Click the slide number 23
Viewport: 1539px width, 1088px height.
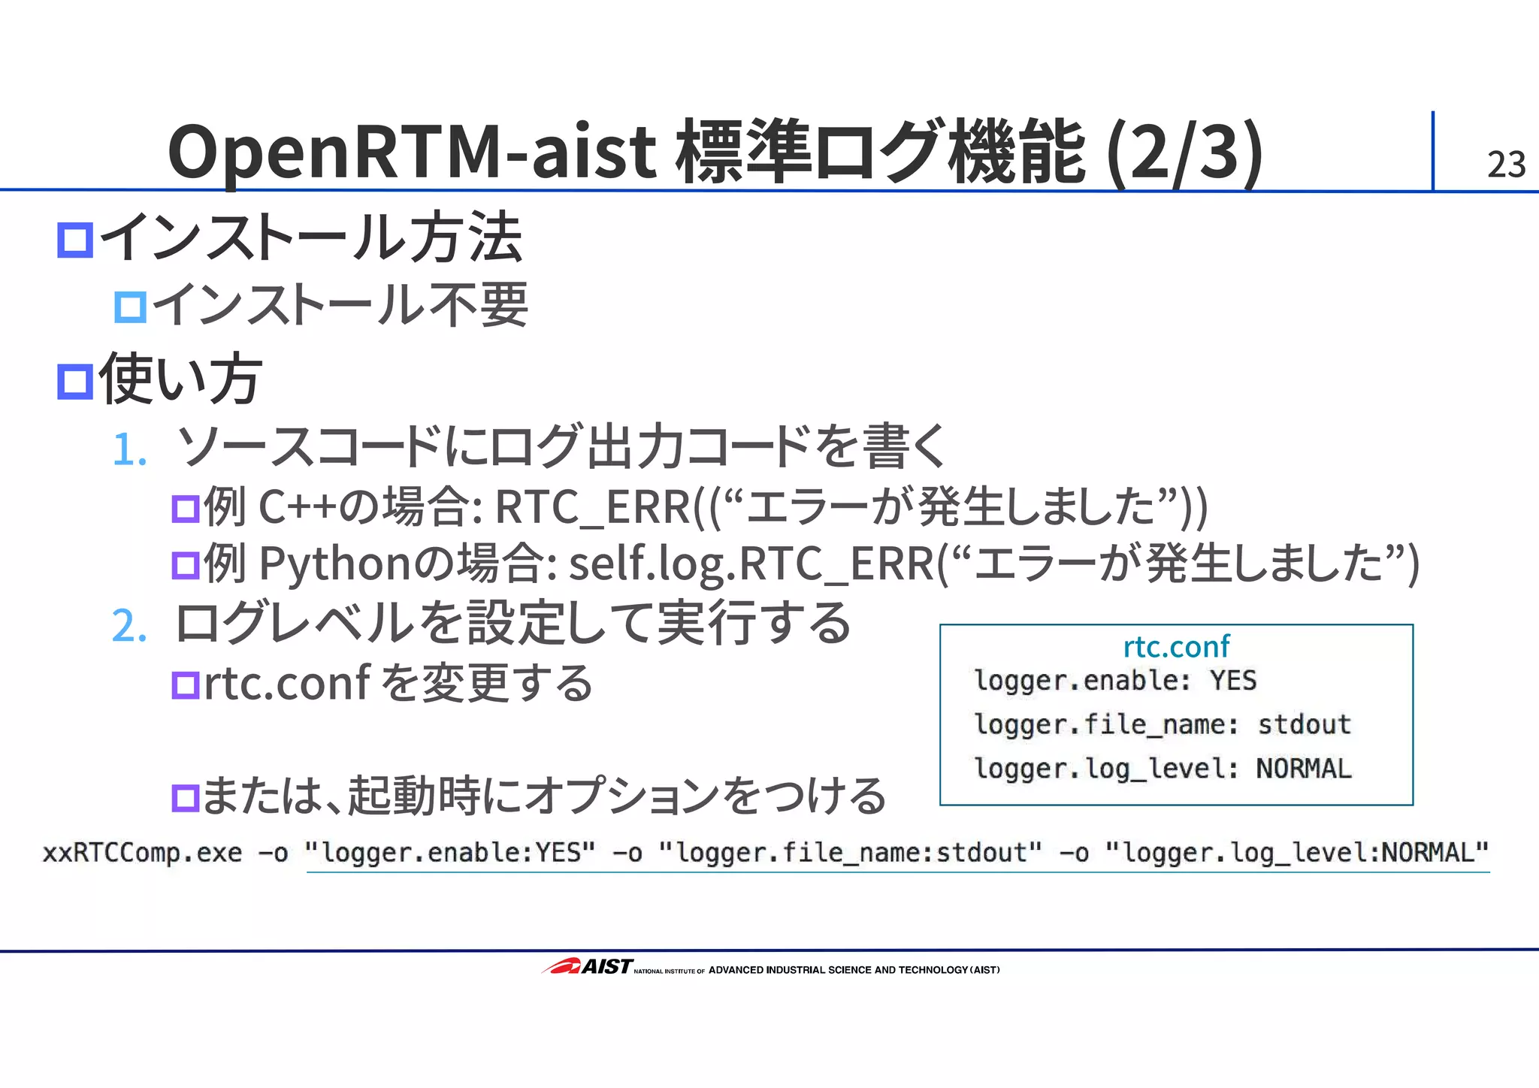pyautogui.click(x=1505, y=165)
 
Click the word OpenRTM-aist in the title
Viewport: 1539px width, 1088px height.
pyautogui.click(x=412, y=153)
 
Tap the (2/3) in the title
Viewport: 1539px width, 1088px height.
pyautogui.click(x=1185, y=153)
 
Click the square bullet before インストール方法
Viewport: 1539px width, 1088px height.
pyautogui.click(x=75, y=240)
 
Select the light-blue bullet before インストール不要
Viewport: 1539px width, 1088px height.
pyautogui.click(x=130, y=307)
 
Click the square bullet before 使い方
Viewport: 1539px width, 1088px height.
pyautogui.click(x=75, y=381)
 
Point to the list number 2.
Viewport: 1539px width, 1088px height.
pyautogui.click(x=129, y=625)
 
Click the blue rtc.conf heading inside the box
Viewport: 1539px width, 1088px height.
pyautogui.click(x=1176, y=646)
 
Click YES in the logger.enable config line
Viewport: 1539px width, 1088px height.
pyautogui.click(x=1233, y=681)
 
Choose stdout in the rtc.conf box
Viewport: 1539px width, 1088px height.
pyautogui.click(x=1304, y=724)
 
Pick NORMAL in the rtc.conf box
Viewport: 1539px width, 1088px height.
pyautogui.click(x=1304, y=769)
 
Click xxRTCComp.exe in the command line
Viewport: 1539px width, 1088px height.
pyautogui.click(x=142, y=853)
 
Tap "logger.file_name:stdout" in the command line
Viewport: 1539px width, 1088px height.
pyautogui.click(x=851, y=853)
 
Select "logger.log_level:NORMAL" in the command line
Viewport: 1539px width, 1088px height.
pyautogui.click(x=1297, y=853)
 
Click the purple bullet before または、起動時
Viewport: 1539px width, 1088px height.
pyautogui.click(x=186, y=798)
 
